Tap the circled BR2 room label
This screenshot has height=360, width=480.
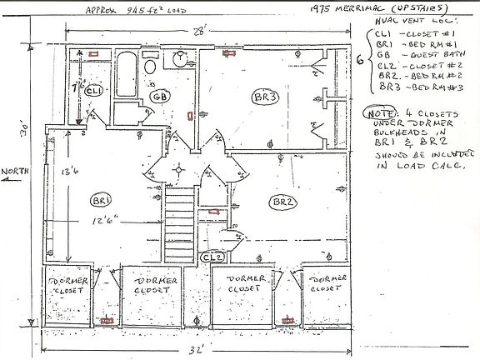(279, 202)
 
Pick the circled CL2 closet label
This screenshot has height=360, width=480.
(212, 255)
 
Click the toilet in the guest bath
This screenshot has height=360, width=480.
(148, 66)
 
